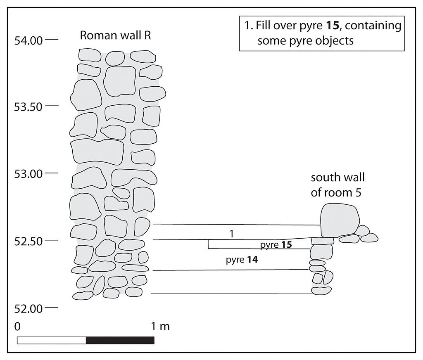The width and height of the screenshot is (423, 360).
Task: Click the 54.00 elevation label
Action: (x=29, y=41)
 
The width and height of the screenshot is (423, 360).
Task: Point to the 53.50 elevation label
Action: (x=29, y=107)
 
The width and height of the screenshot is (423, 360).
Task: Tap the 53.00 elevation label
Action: (x=29, y=174)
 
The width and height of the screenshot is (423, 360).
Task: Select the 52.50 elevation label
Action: (x=29, y=241)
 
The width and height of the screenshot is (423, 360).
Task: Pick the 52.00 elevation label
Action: (x=29, y=308)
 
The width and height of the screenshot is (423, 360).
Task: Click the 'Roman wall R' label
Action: (x=116, y=36)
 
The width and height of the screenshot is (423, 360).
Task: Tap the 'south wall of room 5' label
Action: (x=337, y=185)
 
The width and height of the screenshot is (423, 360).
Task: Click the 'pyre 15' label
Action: (x=276, y=244)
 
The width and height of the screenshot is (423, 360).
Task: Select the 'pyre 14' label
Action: (x=242, y=260)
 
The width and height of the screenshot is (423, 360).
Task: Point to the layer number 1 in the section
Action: (x=231, y=234)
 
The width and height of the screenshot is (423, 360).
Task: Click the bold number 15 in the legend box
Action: (x=332, y=25)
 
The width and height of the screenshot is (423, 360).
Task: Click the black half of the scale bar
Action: (x=120, y=340)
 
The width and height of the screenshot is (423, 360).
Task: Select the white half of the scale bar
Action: (x=52, y=340)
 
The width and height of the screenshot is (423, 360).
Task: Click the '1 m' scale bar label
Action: (x=160, y=327)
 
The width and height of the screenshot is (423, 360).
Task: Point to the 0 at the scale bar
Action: (x=17, y=327)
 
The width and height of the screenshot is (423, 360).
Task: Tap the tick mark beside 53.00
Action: (x=52, y=173)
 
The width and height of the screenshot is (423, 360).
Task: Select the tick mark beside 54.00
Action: (x=52, y=39)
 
